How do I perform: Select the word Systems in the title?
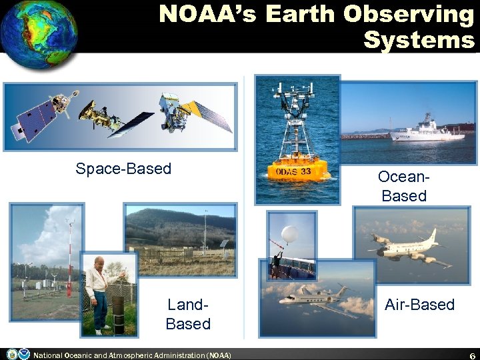418,40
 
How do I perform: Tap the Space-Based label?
123,169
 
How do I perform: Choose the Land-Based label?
188,314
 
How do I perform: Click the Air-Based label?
419,305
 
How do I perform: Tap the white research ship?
427,130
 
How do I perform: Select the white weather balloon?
289,234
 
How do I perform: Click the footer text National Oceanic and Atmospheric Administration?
132,355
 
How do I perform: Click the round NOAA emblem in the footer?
24,354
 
